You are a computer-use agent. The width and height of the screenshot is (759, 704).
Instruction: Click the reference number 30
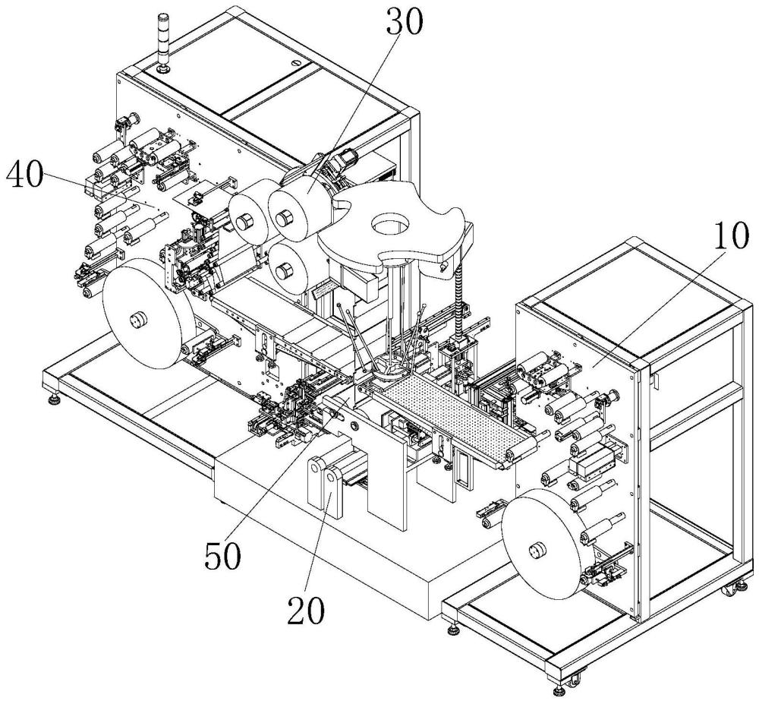[x=405, y=23]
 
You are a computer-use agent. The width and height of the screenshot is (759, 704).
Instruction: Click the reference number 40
[x=24, y=175]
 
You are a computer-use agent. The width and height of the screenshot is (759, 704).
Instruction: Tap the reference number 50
[x=222, y=555]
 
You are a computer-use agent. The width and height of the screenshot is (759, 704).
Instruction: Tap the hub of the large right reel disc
[x=536, y=551]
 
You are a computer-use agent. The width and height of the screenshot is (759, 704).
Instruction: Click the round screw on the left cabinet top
[x=296, y=62]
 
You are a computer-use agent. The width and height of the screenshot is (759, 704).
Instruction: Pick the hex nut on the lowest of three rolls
[x=282, y=271]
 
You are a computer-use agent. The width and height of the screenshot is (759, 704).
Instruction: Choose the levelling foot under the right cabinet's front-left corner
[x=454, y=630]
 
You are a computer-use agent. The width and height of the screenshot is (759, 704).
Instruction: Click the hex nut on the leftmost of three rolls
[x=244, y=222]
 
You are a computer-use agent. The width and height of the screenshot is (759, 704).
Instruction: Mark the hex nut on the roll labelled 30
[x=282, y=218]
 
